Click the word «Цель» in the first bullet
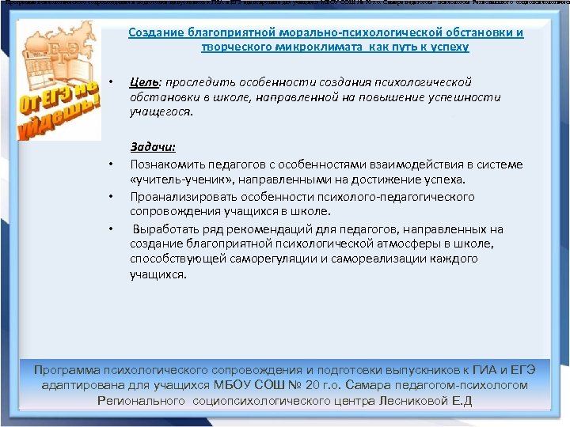pyautogui.click(x=142, y=82)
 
